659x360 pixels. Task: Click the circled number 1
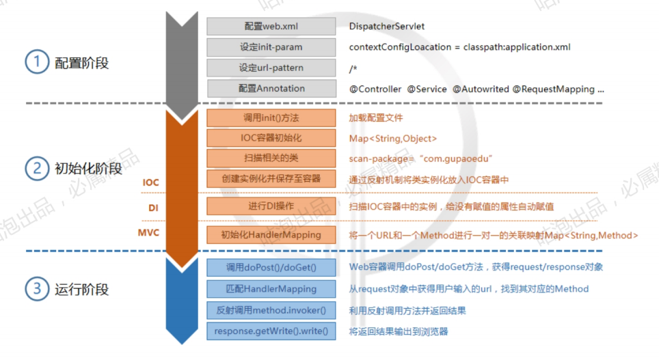coord(36,63)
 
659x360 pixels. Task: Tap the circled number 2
coord(36,167)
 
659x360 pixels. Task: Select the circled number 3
coord(36,289)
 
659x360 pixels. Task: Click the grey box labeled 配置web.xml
coord(271,26)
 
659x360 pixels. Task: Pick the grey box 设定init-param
coord(271,47)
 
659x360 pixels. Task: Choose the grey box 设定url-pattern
coord(271,68)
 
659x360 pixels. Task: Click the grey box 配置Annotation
coord(271,88)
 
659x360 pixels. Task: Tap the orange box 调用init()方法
coord(271,117)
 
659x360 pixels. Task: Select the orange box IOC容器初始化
coord(271,138)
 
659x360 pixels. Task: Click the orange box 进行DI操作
coord(271,206)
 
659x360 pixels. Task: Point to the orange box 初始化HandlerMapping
coord(271,235)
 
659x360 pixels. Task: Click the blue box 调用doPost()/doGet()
coord(271,266)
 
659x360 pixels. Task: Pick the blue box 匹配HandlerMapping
coord(271,288)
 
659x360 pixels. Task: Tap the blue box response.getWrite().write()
coord(271,332)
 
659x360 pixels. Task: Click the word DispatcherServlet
coord(386,26)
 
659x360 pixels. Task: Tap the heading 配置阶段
coord(81,64)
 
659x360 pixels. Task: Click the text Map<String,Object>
coord(390,138)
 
